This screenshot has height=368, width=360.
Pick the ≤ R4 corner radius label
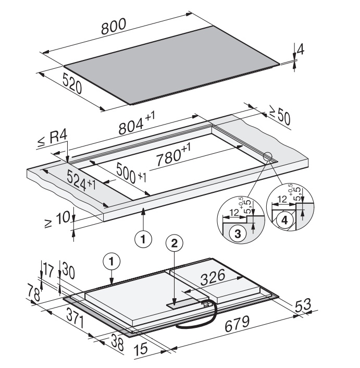[x=53, y=142]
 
